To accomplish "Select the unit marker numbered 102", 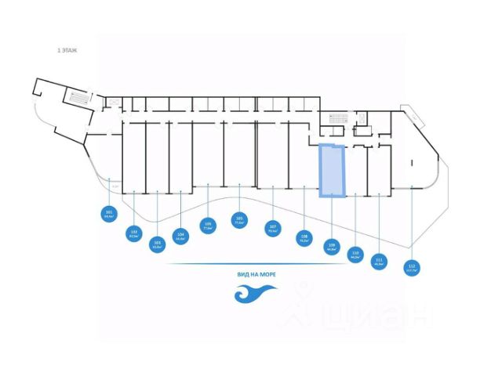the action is (134, 233).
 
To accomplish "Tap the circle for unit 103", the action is (158, 244).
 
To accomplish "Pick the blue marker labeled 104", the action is (181, 235).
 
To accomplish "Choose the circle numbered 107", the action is (273, 230).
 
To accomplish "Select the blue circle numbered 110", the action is (356, 254).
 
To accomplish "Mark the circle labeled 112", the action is (411, 268).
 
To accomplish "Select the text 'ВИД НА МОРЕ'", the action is (255, 275).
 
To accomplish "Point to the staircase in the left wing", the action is (77, 99).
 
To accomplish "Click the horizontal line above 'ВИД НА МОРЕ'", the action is (255, 264).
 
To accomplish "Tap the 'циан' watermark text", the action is (376, 314).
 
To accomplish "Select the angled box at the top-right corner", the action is (413, 118).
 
